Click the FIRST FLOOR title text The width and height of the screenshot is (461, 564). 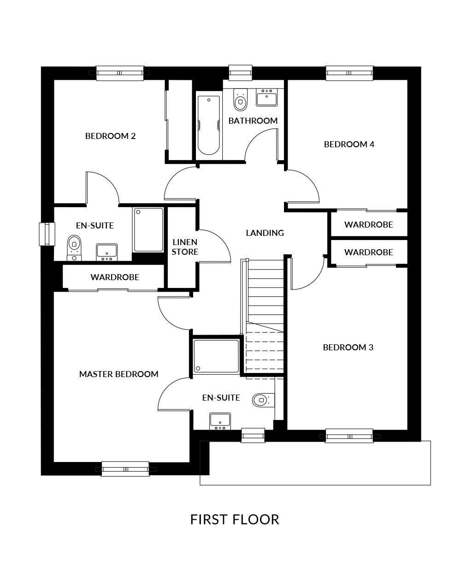tap(235, 519)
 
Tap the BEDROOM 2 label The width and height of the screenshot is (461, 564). tap(110, 136)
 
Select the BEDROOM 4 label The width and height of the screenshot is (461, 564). tap(349, 144)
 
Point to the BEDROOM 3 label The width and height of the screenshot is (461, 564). tap(348, 347)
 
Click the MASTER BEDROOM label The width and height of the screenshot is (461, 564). tap(119, 374)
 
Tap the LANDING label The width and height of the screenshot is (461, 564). tap(265, 233)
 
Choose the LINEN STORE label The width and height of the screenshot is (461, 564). tap(185, 247)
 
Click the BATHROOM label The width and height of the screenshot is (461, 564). tap(253, 120)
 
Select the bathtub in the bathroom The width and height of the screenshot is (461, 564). tap(208, 125)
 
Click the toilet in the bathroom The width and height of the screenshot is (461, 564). tap(240, 100)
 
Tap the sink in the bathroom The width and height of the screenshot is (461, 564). tap(266, 97)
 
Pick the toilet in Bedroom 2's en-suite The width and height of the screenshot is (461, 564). tap(74, 248)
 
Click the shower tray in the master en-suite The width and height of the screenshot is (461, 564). tap(216, 356)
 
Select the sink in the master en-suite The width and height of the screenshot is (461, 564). tap(220, 421)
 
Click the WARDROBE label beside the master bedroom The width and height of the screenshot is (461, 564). tap(115, 277)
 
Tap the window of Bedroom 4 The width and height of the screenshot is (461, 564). tap(349, 73)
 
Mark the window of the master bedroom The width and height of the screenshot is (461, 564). tap(125, 469)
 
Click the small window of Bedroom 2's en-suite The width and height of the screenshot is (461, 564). tap(47, 234)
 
